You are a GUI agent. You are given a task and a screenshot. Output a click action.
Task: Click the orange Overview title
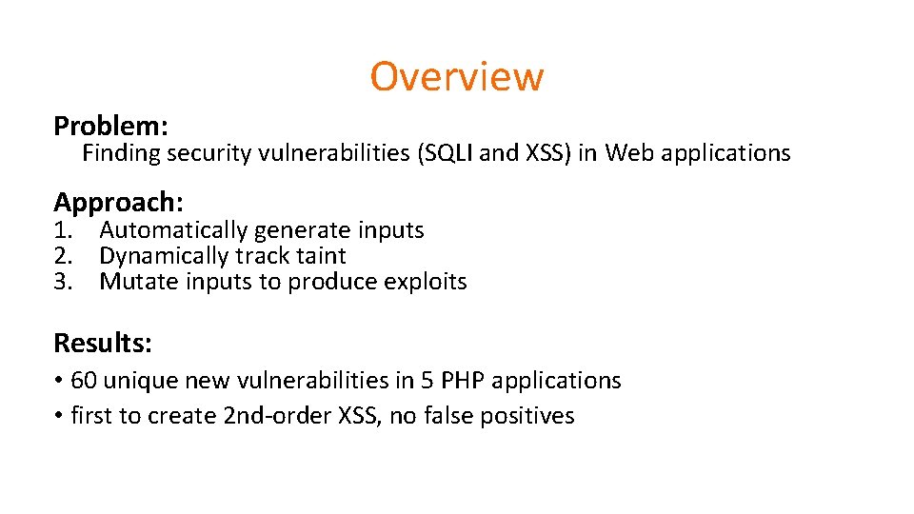pyautogui.click(x=456, y=76)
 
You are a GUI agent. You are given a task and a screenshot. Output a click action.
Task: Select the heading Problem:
pyautogui.click(x=111, y=126)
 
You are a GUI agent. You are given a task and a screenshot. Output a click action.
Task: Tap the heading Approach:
pyautogui.click(x=118, y=202)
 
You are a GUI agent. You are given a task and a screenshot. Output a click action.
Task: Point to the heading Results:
pyautogui.click(x=103, y=342)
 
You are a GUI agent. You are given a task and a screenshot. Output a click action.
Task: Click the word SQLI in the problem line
pyautogui.click(x=449, y=153)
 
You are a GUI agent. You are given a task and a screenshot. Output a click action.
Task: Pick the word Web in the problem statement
pyautogui.click(x=626, y=153)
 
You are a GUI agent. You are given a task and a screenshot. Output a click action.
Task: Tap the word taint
pyautogui.click(x=321, y=256)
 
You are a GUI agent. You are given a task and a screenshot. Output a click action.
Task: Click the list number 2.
pyautogui.click(x=62, y=256)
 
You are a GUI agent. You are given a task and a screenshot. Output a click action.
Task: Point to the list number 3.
pyautogui.click(x=62, y=282)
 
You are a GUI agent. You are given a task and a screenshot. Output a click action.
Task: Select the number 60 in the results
pyautogui.click(x=84, y=381)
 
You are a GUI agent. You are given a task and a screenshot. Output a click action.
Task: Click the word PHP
pyautogui.click(x=461, y=381)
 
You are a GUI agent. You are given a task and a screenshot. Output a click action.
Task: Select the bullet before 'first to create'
pyautogui.click(x=58, y=416)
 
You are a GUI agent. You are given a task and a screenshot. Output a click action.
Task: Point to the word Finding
pyautogui.click(x=121, y=153)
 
